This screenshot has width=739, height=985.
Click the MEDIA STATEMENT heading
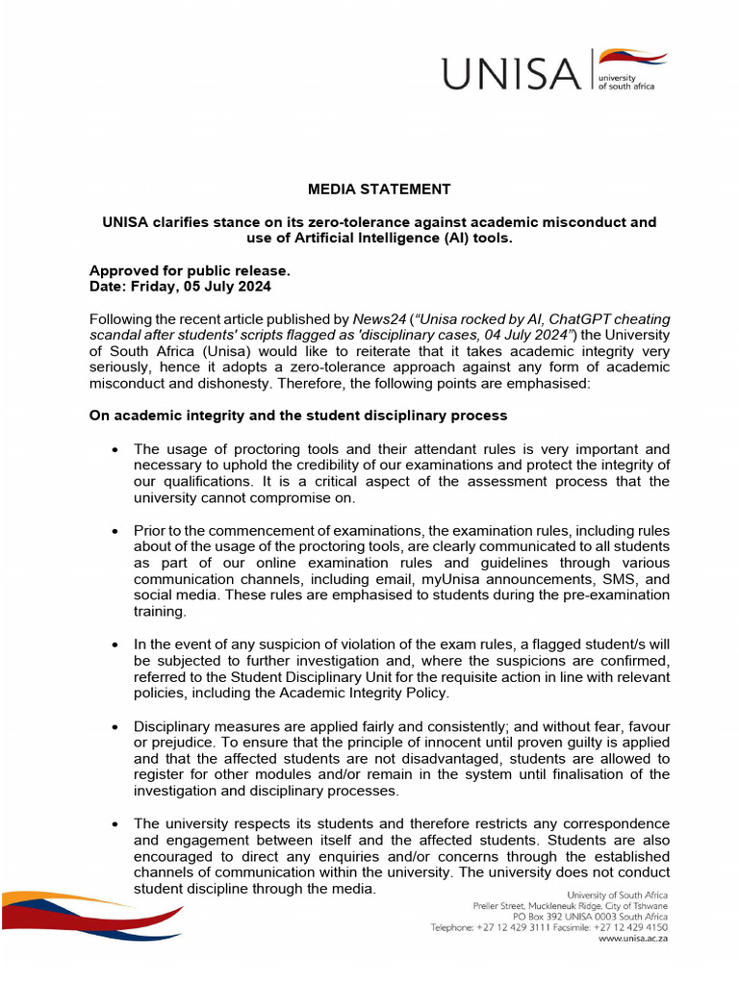click(x=379, y=189)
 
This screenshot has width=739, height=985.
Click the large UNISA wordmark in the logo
click(x=511, y=72)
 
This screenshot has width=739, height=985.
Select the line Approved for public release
click(x=190, y=271)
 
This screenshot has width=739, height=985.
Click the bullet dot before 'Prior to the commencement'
click(x=115, y=531)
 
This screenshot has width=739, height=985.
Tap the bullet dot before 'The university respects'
click(x=115, y=824)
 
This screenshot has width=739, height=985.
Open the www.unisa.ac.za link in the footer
click(x=633, y=939)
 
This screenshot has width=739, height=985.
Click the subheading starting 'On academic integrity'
click(x=298, y=416)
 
